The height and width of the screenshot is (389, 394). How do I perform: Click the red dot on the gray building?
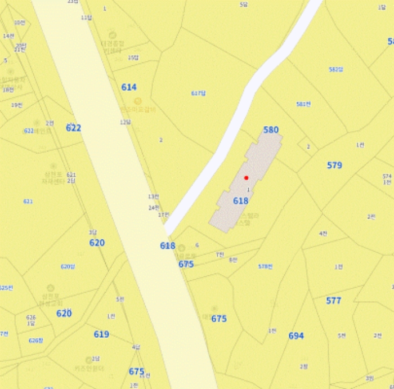(x=246, y=178)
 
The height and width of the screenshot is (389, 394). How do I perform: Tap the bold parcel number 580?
(x=271, y=130)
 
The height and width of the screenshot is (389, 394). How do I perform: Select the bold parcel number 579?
(x=334, y=166)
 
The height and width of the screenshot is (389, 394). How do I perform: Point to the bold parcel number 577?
(x=334, y=301)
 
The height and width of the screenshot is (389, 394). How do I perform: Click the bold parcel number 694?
(x=296, y=336)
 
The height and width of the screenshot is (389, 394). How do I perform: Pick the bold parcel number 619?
(x=101, y=334)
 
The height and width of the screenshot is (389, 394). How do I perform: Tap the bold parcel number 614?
(x=129, y=87)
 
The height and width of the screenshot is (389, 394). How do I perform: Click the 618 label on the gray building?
(x=240, y=201)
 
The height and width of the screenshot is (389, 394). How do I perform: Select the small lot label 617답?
(x=198, y=93)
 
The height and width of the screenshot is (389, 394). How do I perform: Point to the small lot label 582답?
(x=336, y=69)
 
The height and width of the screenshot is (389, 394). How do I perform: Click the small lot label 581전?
(x=303, y=104)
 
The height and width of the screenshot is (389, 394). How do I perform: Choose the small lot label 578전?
(x=265, y=266)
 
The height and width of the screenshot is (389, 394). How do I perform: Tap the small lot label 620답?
(x=68, y=266)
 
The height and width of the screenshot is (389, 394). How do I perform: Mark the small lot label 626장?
(x=35, y=341)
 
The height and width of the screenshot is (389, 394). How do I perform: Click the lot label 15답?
(x=133, y=57)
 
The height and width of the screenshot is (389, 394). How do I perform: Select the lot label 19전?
(x=16, y=105)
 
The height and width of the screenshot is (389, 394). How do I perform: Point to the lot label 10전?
(x=20, y=23)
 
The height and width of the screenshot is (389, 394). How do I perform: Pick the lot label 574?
(x=387, y=176)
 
